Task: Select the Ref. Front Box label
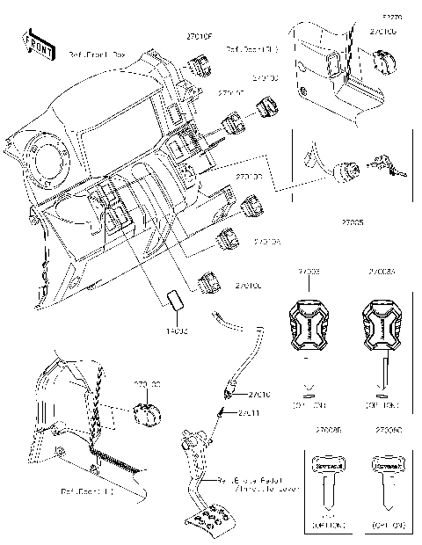(x=97, y=54)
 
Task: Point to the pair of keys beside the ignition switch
(x=388, y=165)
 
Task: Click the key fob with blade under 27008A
(x=382, y=325)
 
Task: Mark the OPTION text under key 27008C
(x=388, y=525)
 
